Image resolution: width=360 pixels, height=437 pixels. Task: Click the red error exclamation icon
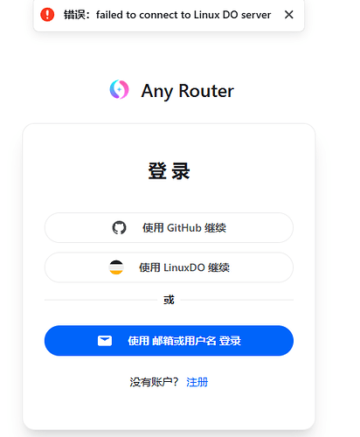coord(47,15)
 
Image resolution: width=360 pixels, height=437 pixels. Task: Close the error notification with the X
coord(289,15)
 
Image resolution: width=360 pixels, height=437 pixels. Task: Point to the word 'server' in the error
coord(256,15)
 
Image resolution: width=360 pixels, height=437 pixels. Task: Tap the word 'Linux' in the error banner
coord(206,15)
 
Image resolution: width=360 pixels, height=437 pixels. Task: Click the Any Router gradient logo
coord(119,89)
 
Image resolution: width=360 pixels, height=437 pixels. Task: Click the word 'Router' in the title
coord(206,91)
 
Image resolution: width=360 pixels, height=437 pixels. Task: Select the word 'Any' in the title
coord(157,92)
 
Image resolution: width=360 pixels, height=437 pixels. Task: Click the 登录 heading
coord(169,171)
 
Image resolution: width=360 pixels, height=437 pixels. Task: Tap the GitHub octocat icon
coord(119,228)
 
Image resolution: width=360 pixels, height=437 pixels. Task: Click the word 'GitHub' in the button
coord(184,228)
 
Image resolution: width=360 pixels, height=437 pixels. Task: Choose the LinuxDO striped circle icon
coord(116,267)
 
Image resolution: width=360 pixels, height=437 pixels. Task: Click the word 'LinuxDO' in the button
coord(184,267)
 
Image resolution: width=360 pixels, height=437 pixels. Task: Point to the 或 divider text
coord(169,300)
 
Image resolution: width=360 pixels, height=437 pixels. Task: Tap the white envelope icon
coord(105,341)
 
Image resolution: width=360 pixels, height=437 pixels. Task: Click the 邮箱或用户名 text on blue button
coord(184,341)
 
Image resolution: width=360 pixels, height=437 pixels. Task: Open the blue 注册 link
coord(197,382)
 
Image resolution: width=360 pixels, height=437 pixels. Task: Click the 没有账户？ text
coord(154,382)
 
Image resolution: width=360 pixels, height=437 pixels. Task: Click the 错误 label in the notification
coord(74,15)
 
